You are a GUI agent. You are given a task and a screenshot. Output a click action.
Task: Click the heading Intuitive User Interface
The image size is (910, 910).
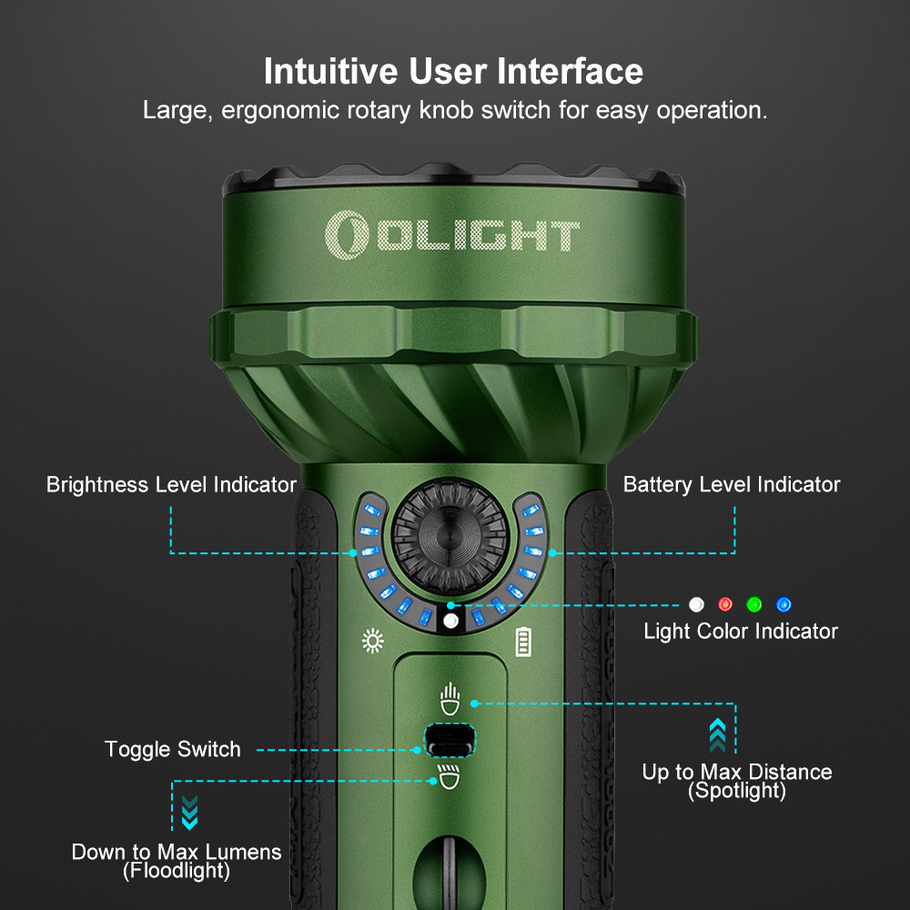[x=453, y=70]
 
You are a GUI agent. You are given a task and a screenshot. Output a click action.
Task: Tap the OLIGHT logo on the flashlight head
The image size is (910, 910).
[x=452, y=233]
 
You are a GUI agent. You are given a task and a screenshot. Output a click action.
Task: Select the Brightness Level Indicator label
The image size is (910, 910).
[x=171, y=484]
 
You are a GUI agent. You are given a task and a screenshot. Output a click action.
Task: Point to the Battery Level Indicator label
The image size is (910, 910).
[x=732, y=484]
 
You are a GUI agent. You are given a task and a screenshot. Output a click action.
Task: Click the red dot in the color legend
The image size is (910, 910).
[x=725, y=604]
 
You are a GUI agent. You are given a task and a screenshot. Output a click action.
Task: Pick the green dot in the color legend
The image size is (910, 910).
[x=754, y=604]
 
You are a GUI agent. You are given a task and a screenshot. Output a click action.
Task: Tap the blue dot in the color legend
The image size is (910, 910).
[x=784, y=604]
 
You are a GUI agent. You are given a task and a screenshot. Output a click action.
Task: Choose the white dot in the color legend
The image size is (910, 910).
[x=696, y=604]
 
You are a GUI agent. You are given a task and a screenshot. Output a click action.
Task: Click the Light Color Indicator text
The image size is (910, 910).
[x=741, y=631]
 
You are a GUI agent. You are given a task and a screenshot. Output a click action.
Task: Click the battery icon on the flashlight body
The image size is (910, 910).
[x=522, y=642]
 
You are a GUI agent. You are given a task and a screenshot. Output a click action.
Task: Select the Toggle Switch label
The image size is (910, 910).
[x=173, y=749]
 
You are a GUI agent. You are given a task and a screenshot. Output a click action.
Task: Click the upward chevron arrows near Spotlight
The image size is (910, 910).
[x=717, y=734]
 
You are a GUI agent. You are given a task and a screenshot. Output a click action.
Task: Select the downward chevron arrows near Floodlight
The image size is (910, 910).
[x=189, y=812]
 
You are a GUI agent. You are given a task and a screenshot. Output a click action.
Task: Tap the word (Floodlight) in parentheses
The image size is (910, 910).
[x=177, y=872]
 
